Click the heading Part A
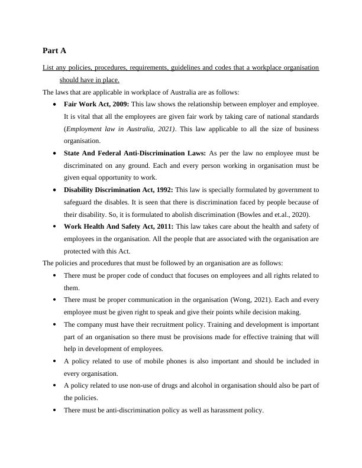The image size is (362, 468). coord(54,51)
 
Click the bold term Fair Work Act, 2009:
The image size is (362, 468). coord(96,103)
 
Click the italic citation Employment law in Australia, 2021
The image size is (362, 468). coord(111,128)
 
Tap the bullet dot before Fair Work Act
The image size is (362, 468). coord(54,103)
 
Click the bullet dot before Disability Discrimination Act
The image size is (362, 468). coord(54,190)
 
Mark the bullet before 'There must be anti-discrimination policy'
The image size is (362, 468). coord(54,410)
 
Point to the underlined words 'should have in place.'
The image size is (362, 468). coord(89,80)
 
